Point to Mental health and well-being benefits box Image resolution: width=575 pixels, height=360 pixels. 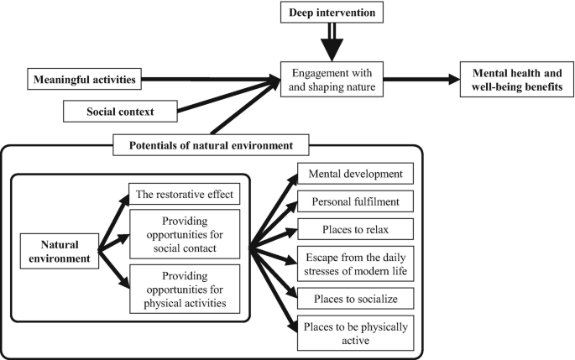click(516, 81)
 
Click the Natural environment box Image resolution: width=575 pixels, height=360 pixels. click(60, 249)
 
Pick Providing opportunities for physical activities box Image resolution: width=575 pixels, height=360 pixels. click(185, 288)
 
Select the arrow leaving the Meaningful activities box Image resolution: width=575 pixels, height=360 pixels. click(210, 81)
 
